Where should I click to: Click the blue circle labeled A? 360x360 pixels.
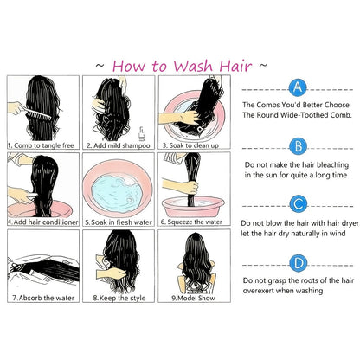click(298, 87)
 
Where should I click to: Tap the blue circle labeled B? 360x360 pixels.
click(299, 146)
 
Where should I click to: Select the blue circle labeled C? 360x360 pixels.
click(299, 204)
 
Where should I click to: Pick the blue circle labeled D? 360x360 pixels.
click(299, 263)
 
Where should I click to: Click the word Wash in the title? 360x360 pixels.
click(193, 66)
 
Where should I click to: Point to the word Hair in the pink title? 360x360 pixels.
click(235, 66)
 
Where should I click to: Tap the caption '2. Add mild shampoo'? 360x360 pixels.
click(119, 145)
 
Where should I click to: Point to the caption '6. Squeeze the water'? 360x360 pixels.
click(191, 222)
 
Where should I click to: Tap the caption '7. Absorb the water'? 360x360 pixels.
click(43, 298)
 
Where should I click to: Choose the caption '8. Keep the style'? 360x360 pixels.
click(119, 298)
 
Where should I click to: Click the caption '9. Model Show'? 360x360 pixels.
click(193, 298)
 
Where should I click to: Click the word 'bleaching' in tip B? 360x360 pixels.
click(332, 165)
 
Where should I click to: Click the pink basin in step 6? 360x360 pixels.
click(193, 207)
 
